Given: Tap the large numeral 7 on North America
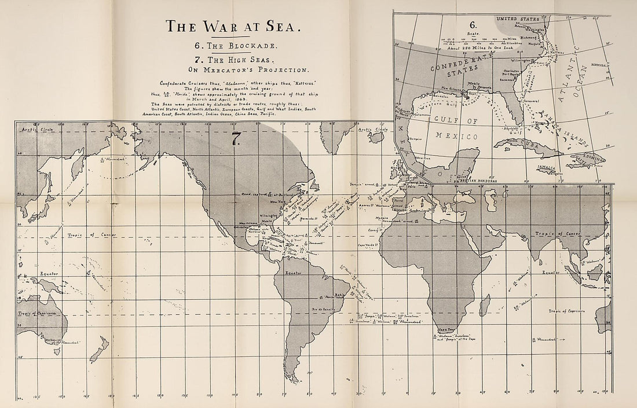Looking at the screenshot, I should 236,139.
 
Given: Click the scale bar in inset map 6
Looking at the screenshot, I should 472,40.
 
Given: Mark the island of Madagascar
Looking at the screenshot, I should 485,305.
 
